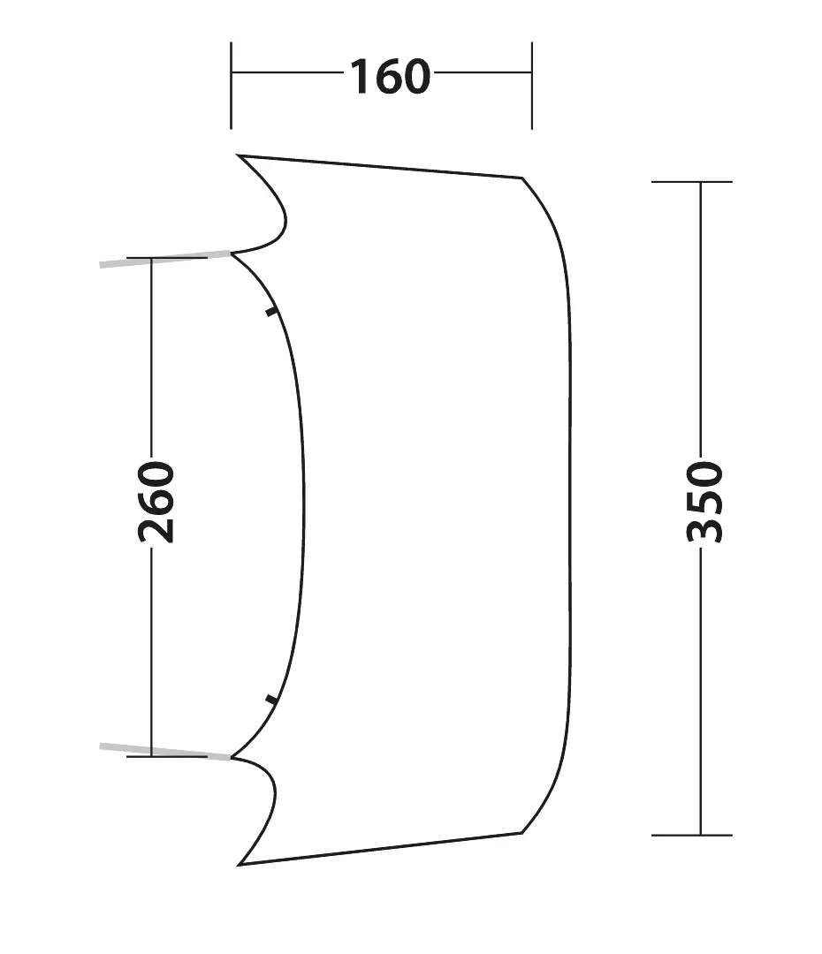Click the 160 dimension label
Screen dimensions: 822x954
tap(391, 77)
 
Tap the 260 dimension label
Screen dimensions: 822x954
tap(156, 502)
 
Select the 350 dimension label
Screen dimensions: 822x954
tap(704, 502)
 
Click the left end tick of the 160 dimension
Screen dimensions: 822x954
tap(231, 86)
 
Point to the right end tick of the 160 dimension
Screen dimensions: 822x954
tap(531, 86)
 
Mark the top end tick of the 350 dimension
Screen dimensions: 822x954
tap(692, 181)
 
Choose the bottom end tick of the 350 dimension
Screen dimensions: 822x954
tap(692, 836)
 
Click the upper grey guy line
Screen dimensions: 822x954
tap(165, 259)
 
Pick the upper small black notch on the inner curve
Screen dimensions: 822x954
tap(271, 313)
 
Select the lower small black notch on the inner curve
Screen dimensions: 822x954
tap(271, 699)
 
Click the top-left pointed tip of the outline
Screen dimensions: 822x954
tap(238, 155)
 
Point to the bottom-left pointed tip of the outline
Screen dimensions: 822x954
tap(238, 865)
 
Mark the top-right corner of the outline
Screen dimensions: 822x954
tap(522, 178)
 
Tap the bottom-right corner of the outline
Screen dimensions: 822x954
tap(522, 832)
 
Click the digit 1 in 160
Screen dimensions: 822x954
tap(359, 77)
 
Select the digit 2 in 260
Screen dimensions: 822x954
tap(156, 531)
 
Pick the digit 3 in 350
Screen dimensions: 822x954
tap(704, 531)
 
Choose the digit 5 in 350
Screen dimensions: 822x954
tap(704, 503)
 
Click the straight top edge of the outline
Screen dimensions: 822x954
tap(381, 167)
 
